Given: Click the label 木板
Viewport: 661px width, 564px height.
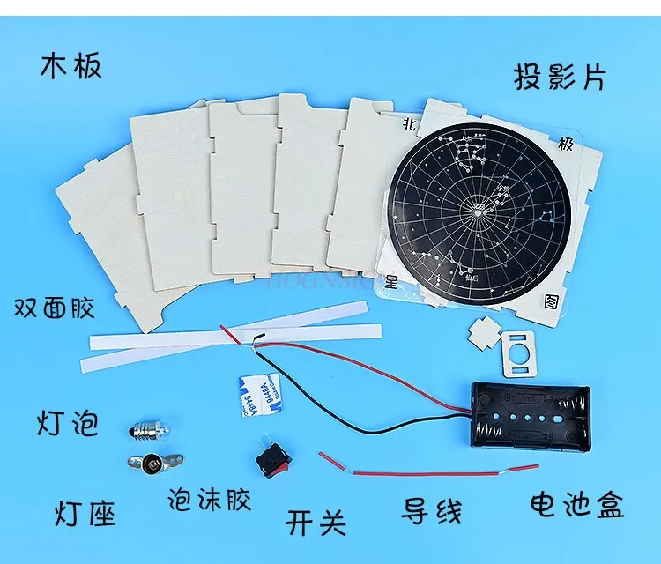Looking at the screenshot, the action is (71, 65).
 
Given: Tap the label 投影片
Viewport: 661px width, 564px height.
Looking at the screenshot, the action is (561, 77).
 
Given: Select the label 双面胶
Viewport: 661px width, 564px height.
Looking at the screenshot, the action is (55, 308).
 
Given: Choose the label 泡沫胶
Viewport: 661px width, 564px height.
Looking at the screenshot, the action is (209, 500).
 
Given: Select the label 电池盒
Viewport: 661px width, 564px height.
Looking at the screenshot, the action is (576, 506).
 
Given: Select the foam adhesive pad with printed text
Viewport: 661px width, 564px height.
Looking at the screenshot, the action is (256, 395).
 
